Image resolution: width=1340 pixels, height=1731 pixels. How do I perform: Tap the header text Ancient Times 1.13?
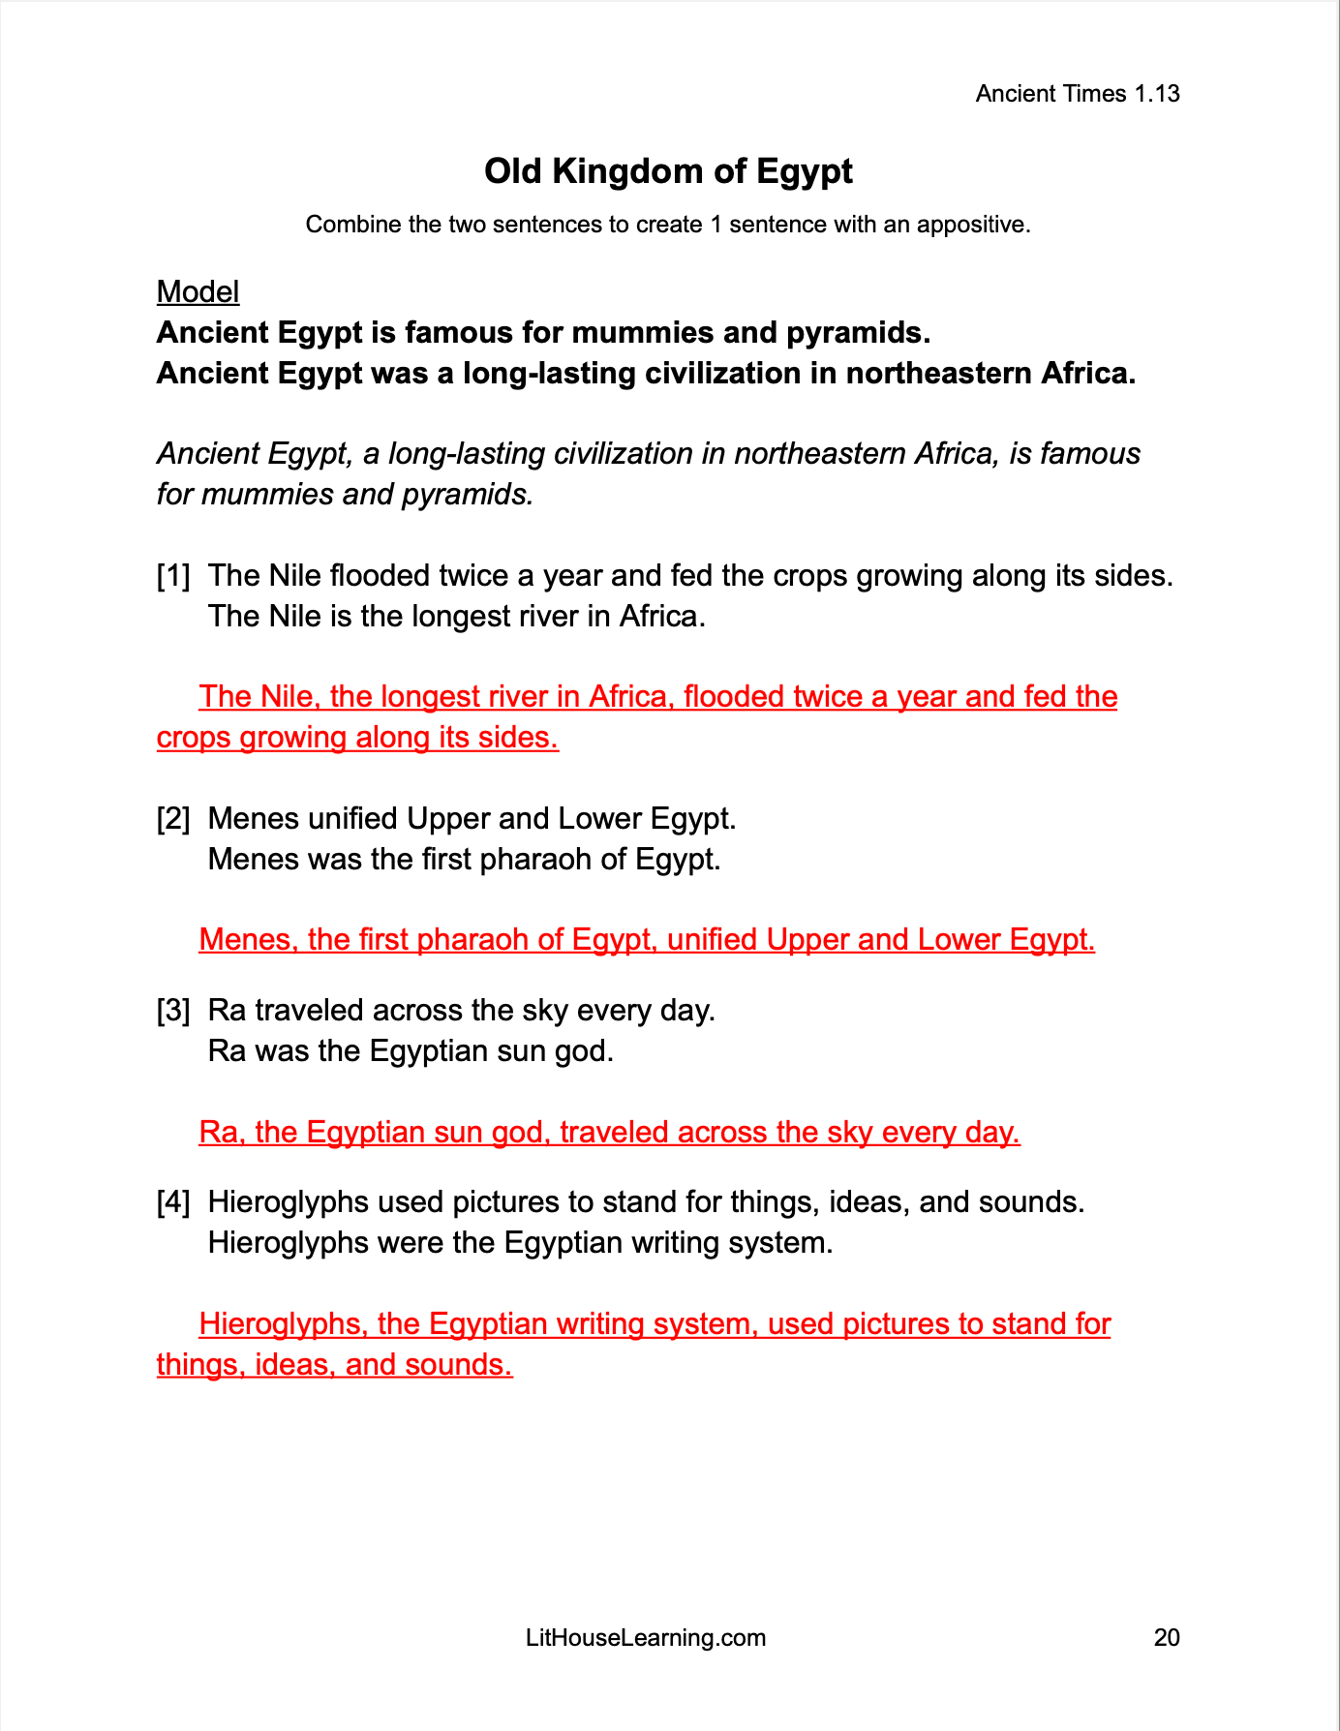pos(1077,94)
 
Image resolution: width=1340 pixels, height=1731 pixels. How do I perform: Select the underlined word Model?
pos(198,291)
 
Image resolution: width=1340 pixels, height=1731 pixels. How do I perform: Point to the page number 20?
pos(1167,1637)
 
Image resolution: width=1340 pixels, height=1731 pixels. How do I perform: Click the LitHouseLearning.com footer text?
pos(646,1637)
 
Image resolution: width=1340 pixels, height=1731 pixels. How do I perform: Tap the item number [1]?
pos(173,576)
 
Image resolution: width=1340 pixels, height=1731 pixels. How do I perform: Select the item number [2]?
pos(173,819)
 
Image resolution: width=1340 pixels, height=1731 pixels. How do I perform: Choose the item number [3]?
pos(173,1011)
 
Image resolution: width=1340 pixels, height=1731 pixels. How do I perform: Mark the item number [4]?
pos(173,1202)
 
